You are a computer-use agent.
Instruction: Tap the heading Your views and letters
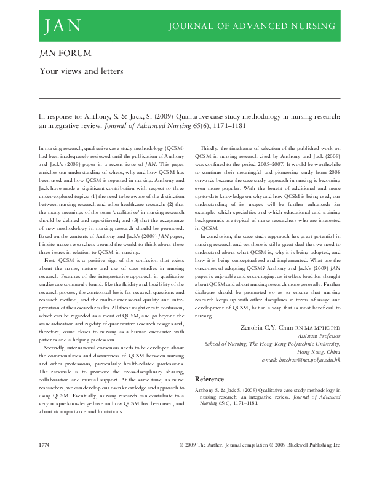[x=81, y=71]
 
